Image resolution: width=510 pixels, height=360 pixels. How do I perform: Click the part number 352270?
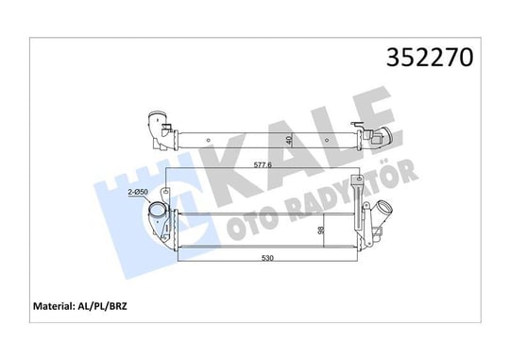pyautogui.click(x=430, y=58)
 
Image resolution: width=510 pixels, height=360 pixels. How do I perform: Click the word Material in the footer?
pyautogui.click(x=53, y=306)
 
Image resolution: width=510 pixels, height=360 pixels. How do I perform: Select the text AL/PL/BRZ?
pyautogui.click(x=102, y=307)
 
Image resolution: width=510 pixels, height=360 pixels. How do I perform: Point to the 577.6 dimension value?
pyautogui.click(x=263, y=165)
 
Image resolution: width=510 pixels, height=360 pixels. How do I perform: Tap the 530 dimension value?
pyautogui.click(x=267, y=258)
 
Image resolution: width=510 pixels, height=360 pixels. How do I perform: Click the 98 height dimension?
pyautogui.click(x=321, y=231)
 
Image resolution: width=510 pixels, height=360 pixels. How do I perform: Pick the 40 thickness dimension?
pyautogui.click(x=289, y=140)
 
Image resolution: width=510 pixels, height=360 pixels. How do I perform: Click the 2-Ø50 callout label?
pyautogui.click(x=138, y=192)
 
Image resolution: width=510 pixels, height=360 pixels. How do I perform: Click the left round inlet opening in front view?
pyautogui.click(x=158, y=210)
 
